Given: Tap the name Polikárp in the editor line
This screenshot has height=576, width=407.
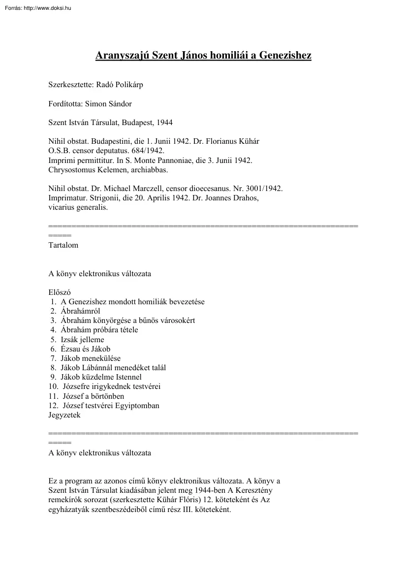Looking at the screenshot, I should [129, 85].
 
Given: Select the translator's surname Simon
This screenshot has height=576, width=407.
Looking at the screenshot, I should [95, 103].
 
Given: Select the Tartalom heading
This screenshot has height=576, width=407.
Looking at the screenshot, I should [63, 245].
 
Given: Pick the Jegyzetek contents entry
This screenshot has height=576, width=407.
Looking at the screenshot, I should [64, 415].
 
